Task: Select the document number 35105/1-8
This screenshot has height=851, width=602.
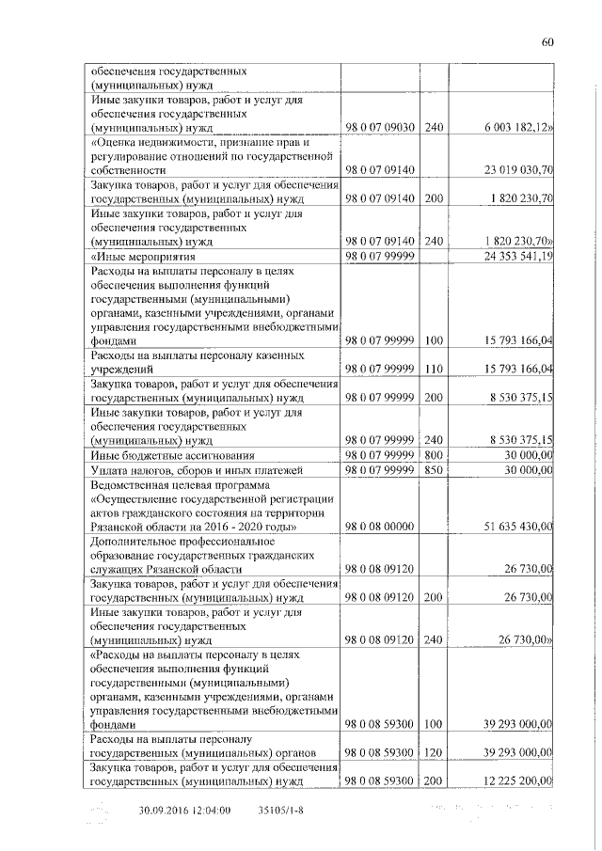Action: point(281,810)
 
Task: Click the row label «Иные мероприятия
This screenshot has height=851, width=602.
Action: point(142,256)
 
